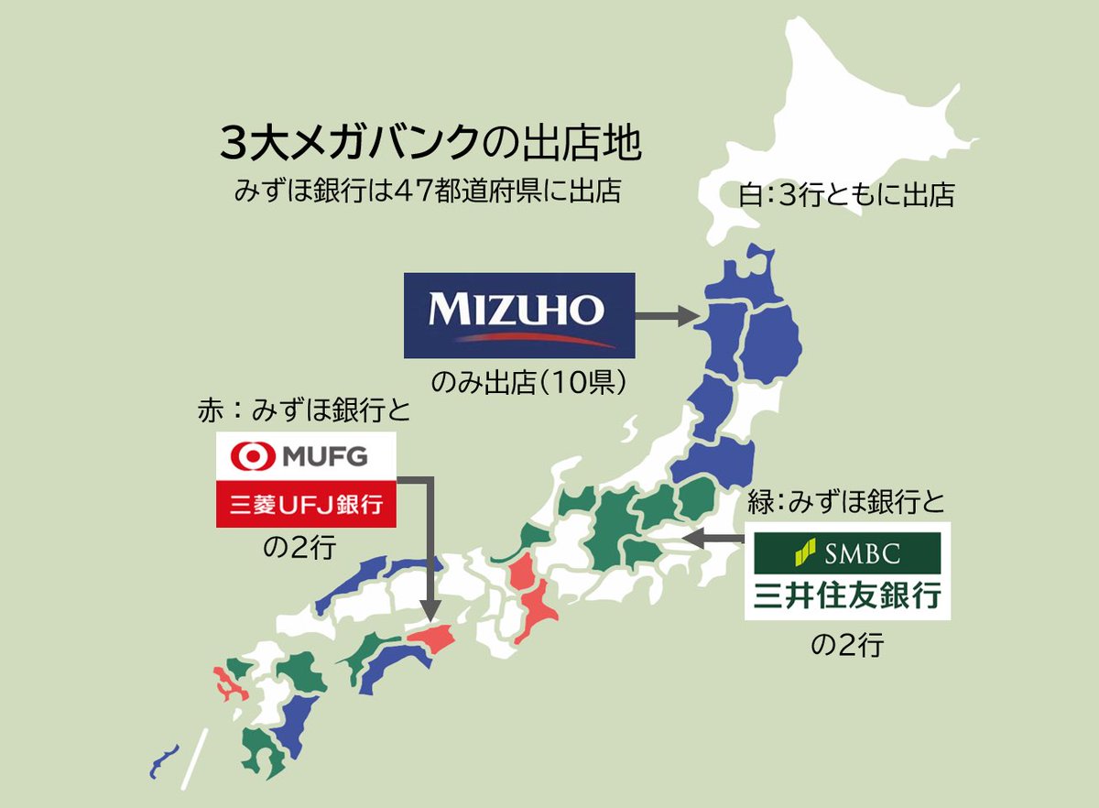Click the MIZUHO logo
[x=519, y=315]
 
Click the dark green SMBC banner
[x=847, y=551]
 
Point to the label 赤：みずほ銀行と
[x=303, y=410]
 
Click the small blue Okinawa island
[x=164, y=759]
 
